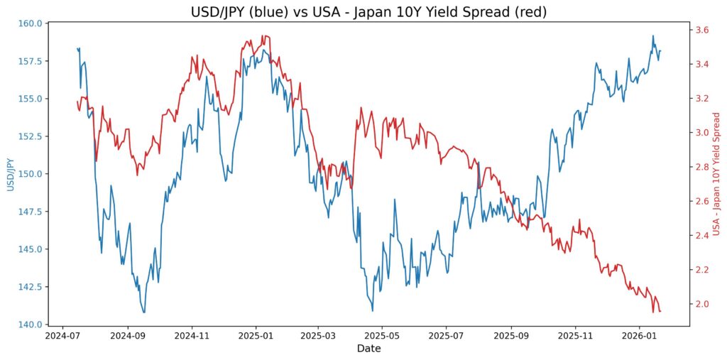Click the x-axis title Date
pyautogui.click(x=368, y=349)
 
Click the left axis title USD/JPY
pyautogui.click(x=10, y=174)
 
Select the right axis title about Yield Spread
pyautogui.click(x=716, y=174)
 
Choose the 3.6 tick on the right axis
pyautogui.click(x=701, y=30)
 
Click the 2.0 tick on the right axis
pyautogui.click(x=701, y=304)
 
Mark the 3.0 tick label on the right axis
pyautogui.click(x=701, y=133)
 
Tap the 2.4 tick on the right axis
pyautogui.click(x=701, y=236)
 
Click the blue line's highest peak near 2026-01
pyautogui.click(x=653, y=36)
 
